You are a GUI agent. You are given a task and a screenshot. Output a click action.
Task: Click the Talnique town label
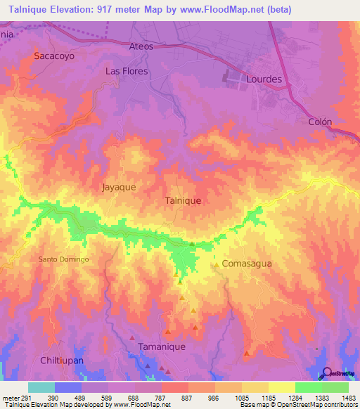[x=183, y=200]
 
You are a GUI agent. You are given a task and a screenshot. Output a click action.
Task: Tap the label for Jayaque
[x=119, y=188]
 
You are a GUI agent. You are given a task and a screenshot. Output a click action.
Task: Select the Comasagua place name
[x=246, y=264]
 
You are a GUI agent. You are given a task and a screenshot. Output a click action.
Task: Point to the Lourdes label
[x=264, y=79]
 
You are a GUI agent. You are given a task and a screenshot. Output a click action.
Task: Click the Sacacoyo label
[x=53, y=55]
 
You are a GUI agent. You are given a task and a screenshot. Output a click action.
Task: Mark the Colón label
[x=320, y=121]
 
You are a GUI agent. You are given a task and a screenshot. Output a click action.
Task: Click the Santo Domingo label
[x=63, y=259]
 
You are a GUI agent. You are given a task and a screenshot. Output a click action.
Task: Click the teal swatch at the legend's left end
[x=41, y=387]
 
